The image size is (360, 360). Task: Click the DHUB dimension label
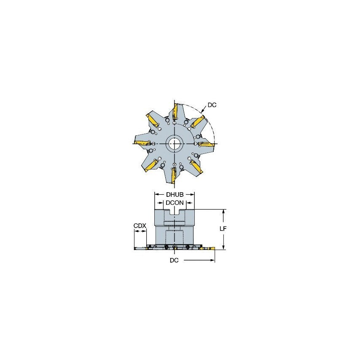175,194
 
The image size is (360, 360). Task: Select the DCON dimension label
175,202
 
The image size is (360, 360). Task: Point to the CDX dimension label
140,226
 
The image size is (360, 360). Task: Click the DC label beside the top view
212,105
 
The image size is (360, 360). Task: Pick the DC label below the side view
174,261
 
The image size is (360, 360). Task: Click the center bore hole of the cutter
174,144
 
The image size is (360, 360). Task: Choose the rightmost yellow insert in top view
207,145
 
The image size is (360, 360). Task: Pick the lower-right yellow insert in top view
196,167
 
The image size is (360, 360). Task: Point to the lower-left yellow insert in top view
150,166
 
